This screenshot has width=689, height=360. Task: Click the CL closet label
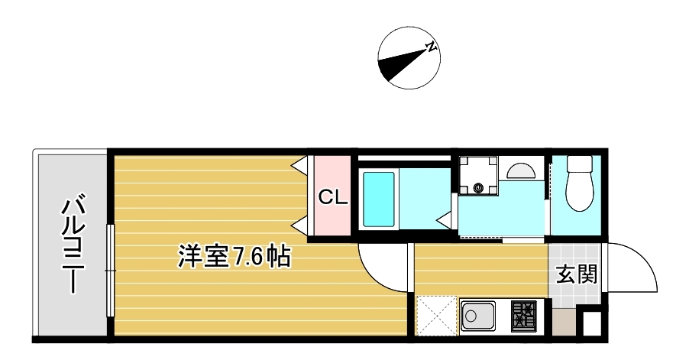(332, 197)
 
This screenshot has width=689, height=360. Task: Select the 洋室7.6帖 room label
(234, 257)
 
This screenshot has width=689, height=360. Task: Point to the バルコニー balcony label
(73, 245)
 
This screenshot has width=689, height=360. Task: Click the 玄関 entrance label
(577, 274)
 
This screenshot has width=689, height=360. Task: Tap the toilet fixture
(580, 183)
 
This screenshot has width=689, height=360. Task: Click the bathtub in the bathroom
(378, 199)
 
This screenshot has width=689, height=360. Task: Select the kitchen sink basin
(477, 316)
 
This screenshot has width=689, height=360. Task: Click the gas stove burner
(524, 316)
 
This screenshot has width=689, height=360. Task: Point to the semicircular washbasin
(520, 170)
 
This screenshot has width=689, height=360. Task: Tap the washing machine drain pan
(478, 176)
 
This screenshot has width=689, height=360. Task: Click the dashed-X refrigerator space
(437, 316)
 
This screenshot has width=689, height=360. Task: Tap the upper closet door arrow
(300, 166)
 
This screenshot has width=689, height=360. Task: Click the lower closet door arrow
(300, 225)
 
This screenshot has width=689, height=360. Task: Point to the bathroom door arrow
(445, 219)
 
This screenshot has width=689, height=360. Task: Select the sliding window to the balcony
(110, 271)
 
